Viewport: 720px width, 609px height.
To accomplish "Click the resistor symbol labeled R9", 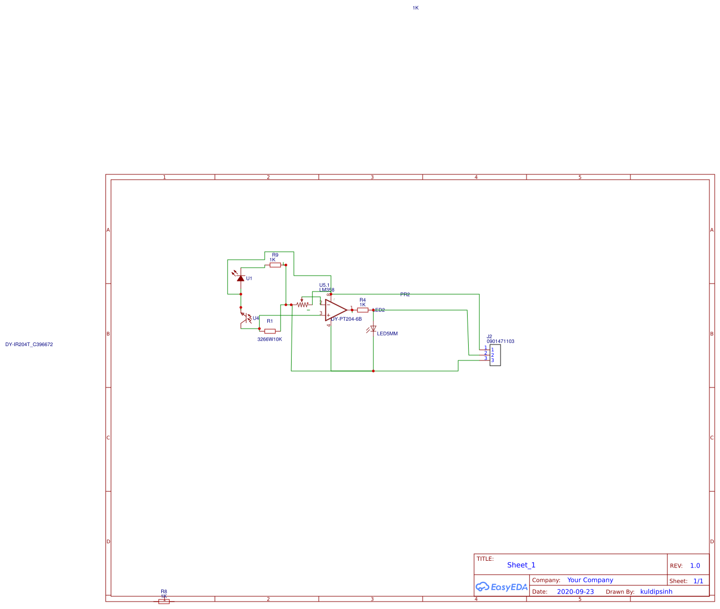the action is tap(275, 265).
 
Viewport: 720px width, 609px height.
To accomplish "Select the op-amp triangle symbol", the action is tap(335, 310).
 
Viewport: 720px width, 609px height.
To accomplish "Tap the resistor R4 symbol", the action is tap(363, 310).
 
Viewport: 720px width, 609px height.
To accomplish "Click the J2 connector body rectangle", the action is tap(495, 355).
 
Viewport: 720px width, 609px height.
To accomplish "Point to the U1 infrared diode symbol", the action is tap(241, 278).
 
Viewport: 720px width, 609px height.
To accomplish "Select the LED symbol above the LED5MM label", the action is tap(373, 329).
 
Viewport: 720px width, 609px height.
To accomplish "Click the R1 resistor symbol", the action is tap(270, 331).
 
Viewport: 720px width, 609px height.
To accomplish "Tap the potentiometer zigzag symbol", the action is tap(302, 305).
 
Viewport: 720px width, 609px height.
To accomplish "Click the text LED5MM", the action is tap(387, 334).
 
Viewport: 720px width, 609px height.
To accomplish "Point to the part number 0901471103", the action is tap(501, 341).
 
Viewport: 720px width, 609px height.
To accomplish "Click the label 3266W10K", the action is tap(269, 339).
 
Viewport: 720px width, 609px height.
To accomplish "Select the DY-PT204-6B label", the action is tap(347, 319).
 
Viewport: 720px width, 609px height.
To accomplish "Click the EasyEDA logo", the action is tap(502, 587).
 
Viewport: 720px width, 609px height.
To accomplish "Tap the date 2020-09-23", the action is tap(575, 592).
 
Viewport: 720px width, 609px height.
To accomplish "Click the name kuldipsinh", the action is tap(656, 592).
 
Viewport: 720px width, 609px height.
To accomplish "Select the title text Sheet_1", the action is tap(521, 565).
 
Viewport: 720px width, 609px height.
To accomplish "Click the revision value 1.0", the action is tap(695, 566).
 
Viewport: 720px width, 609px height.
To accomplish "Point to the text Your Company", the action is tap(590, 580).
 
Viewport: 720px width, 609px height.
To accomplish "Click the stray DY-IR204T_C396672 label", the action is tap(29, 345).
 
